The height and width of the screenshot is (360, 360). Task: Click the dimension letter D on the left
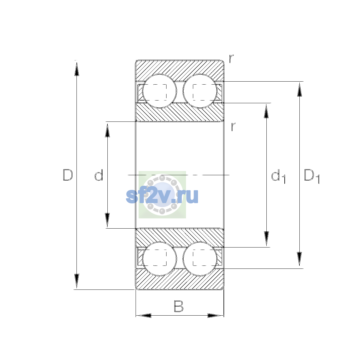[67, 175]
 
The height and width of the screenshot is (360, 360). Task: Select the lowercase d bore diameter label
[99, 175]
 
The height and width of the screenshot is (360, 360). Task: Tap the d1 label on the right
[278, 176]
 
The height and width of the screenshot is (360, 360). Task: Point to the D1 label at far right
[312, 176]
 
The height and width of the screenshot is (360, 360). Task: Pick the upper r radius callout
[231, 58]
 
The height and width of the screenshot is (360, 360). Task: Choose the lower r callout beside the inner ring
[233, 127]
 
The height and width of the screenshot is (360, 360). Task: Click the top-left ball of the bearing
[159, 91]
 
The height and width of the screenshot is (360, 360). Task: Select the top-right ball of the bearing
[200, 91]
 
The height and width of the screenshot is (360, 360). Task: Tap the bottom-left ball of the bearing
[159, 259]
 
